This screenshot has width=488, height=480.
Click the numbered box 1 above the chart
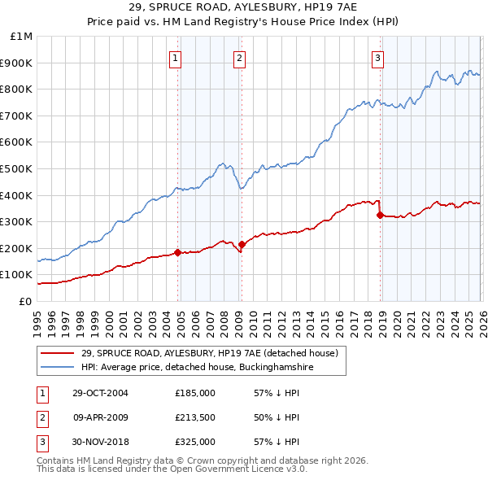click(176, 57)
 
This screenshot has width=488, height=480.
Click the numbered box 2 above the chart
click(240, 57)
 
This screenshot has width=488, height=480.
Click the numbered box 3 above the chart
click(378, 57)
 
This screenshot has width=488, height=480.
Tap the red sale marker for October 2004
click(177, 252)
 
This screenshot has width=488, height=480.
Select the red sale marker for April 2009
click(242, 244)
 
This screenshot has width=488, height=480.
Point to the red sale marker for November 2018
click(380, 215)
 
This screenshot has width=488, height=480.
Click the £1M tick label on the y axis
click(21, 37)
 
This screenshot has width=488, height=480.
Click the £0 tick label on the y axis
click(25, 301)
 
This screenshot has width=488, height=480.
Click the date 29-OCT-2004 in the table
click(100, 393)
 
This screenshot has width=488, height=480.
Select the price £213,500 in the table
click(195, 417)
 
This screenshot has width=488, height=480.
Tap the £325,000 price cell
click(195, 442)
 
